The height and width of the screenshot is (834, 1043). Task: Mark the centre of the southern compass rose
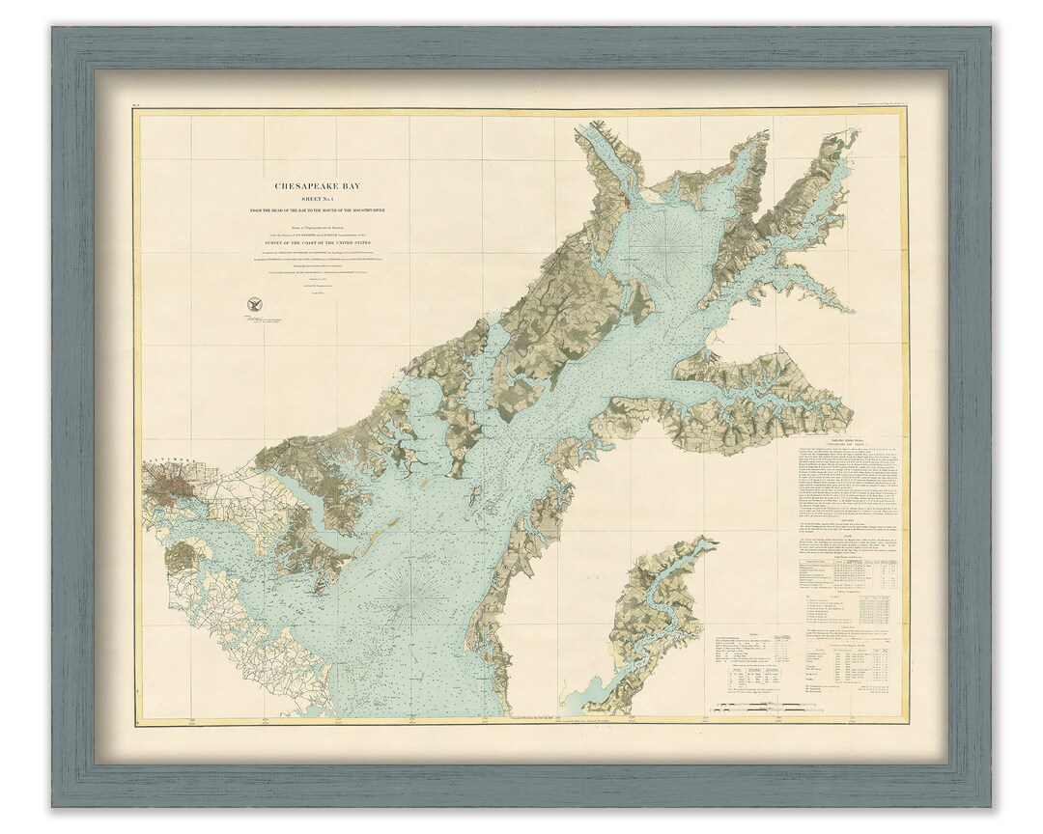pos(413,598)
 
